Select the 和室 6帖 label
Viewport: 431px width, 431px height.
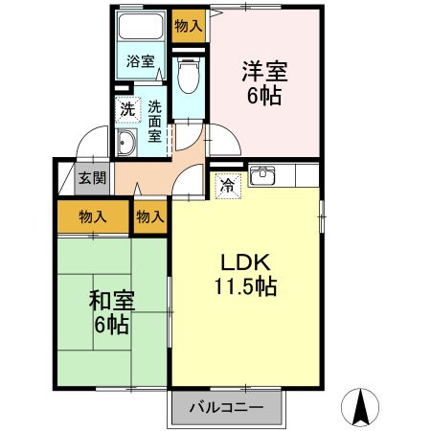click(x=111, y=312)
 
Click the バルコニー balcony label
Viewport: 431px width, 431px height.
click(x=229, y=408)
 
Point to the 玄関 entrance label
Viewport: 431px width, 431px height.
click(x=92, y=177)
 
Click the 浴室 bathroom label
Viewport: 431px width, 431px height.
click(x=141, y=62)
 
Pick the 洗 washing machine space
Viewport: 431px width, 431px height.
click(x=127, y=108)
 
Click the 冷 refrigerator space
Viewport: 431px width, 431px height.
click(x=228, y=186)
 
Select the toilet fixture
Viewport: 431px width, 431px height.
click(x=189, y=73)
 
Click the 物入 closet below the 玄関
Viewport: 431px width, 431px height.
click(x=92, y=216)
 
